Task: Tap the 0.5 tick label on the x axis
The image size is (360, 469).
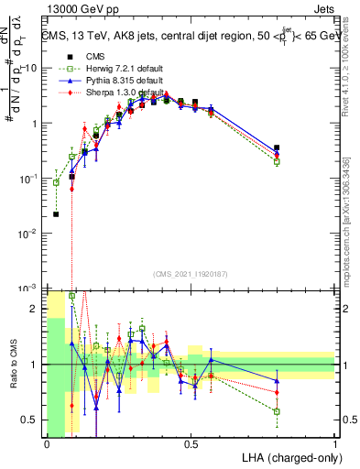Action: pyautogui.click(x=191, y=444)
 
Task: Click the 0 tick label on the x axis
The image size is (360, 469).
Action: pyautogui.click(x=47, y=444)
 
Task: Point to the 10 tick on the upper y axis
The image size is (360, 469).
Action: pyautogui.click(x=32, y=68)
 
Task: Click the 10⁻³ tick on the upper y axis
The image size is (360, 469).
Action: pyautogui.click(x=30, y=289)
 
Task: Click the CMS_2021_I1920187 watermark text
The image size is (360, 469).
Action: pyautogui.click(x=191, y=273)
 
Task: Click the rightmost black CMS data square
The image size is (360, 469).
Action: pyautogui.click(x=277, y=147)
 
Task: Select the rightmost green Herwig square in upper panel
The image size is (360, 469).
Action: pyautogui.click(x=277, y=162)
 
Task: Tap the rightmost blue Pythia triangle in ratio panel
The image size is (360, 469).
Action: pyautogui.click(x=277, y=381)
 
